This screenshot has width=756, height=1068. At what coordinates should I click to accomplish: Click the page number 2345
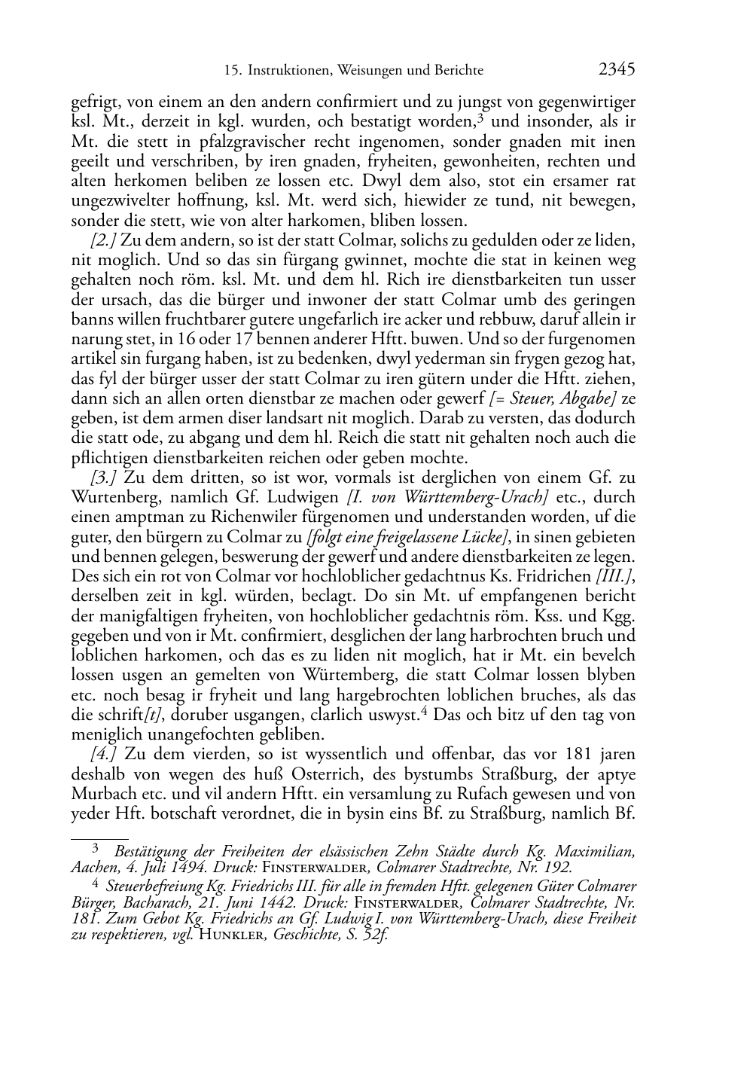coord(617,69)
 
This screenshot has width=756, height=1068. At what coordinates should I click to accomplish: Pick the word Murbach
coord(102,795)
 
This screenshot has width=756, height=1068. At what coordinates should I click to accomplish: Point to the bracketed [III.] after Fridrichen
coord(614,577)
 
